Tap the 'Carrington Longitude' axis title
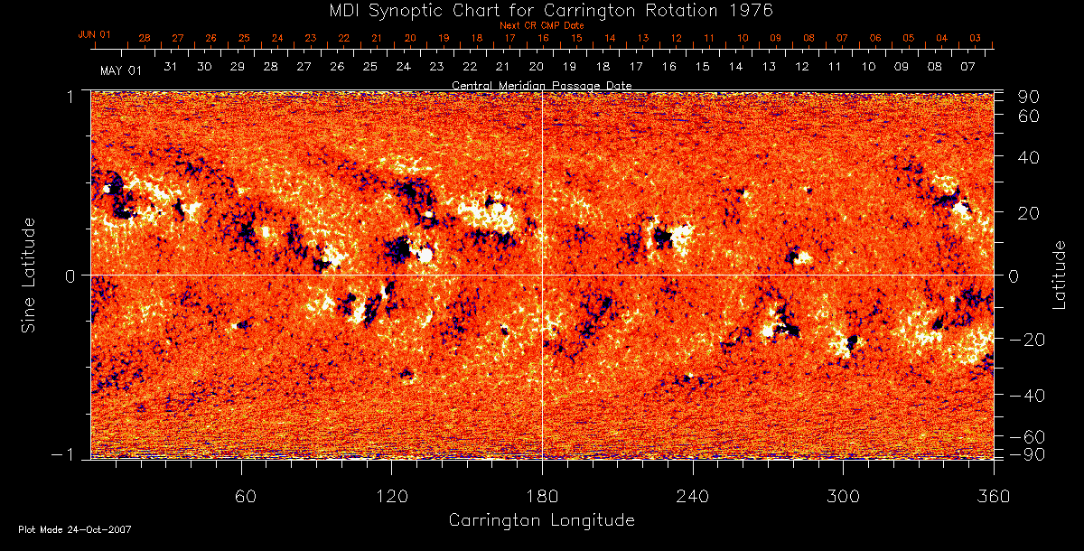pyautogui.click(x=541, y=520)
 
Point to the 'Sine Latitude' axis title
pyautogui.click(x=29, y=275)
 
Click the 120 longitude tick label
pyautogui.click(x=392, y=496)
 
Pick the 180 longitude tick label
pyautogui.click(x=542, y=496)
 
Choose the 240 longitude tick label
pyautogui.click(x=693, y=496)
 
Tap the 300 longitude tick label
pyautogui.click(x=843, y=496)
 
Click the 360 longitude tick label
pyautogui.click(x=993, y=496)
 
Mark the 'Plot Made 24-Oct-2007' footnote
pyautogui.click(x=75, y=529)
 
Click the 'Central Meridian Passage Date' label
pyautogui.click(x=541, y=85)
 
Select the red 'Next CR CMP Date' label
pyautogui.click(x=541, y=25)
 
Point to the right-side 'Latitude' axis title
pyautogui.click(x=1060, y=275)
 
